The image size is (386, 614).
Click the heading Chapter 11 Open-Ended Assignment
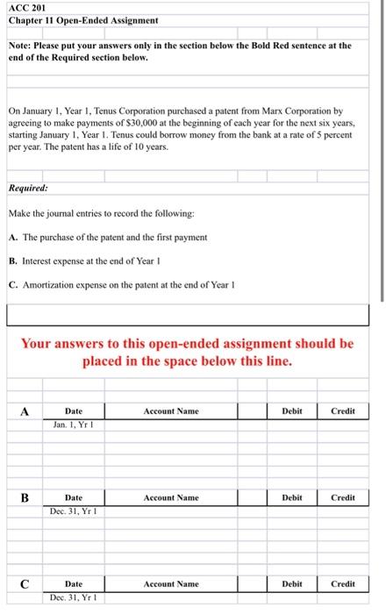click(x=71, y=19)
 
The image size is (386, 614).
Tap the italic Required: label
click(x=29, y=188)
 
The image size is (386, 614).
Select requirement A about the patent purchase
click(x=106, y=237)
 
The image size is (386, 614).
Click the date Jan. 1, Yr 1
click(x=72, y=425)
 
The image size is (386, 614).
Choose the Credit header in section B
click(x=343, y=497)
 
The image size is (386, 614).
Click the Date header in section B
click(x=75, y=497)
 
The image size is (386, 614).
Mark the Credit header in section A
click(x=343, y=411)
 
